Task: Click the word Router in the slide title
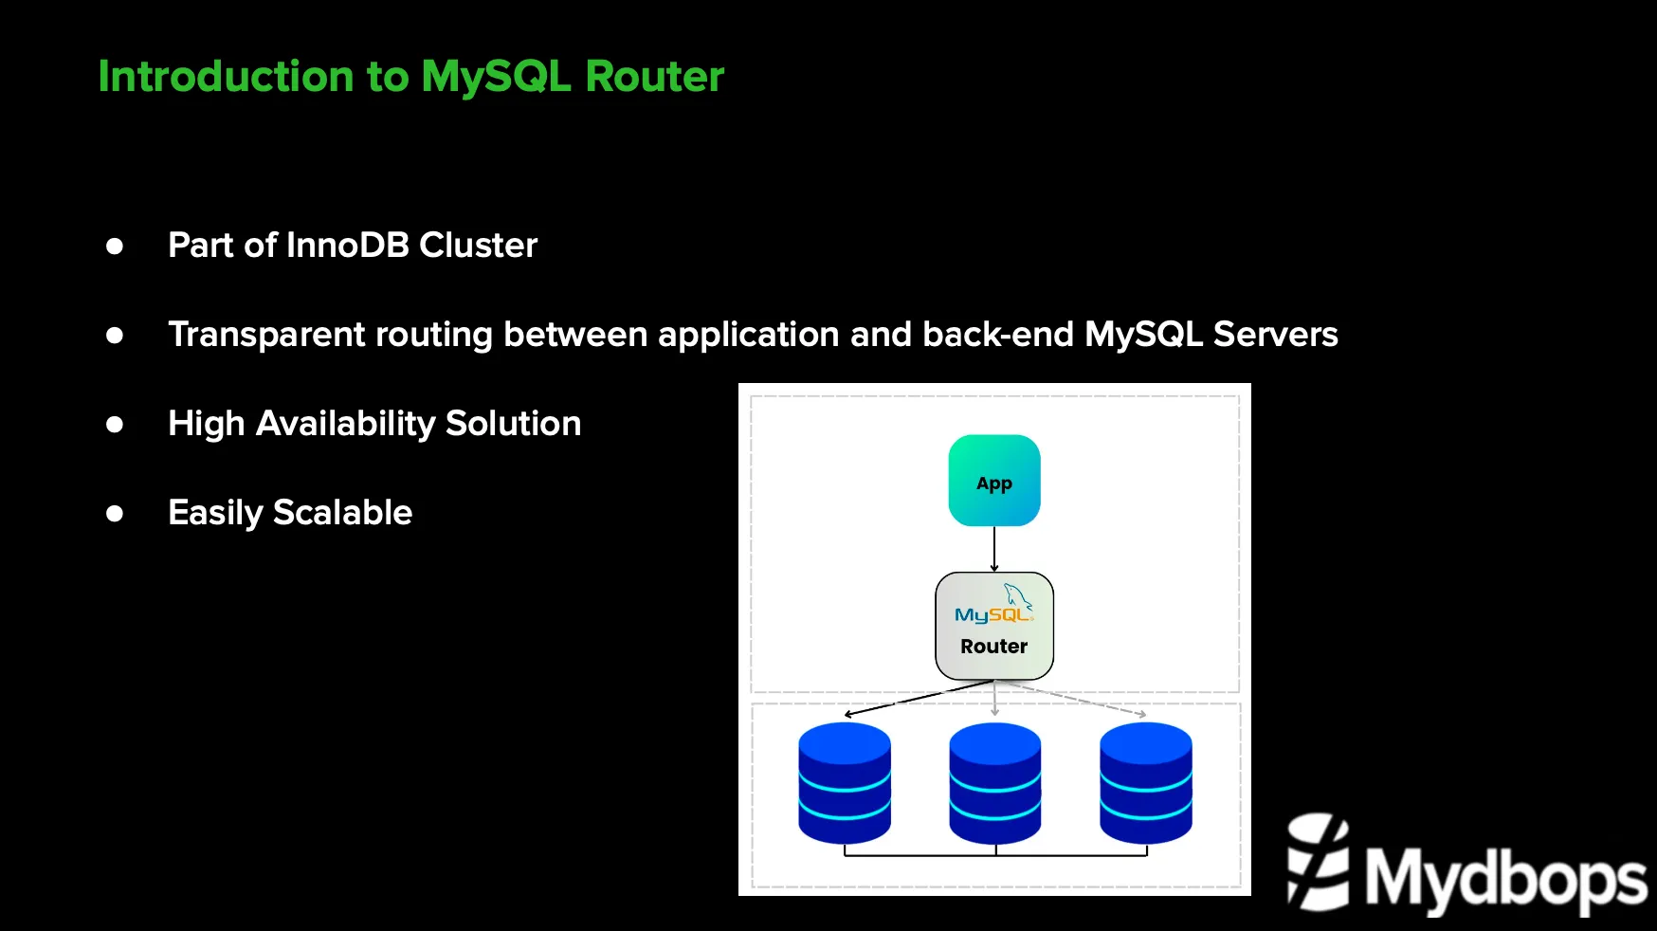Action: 654,77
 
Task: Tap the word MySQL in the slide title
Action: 496,77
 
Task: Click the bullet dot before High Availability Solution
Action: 115,425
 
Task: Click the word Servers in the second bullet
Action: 1275,335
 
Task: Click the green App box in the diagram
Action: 994,481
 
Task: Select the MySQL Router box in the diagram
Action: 994,627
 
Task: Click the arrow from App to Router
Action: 994,549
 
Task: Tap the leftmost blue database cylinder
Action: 845,783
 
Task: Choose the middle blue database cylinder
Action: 995,783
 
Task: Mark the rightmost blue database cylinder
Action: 1145,783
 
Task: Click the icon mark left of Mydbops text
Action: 1319,862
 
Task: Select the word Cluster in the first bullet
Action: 478,246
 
